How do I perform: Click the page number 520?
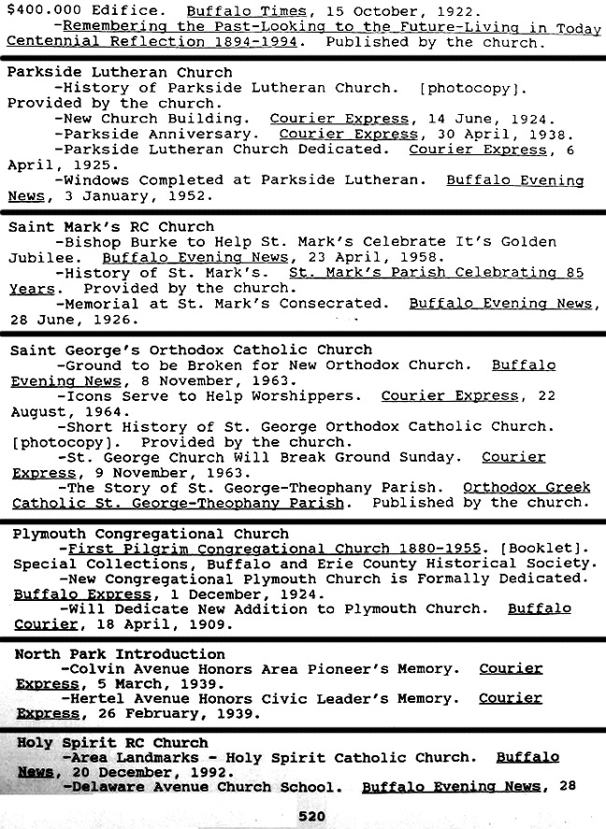pyautogui.click(x=311, y=816)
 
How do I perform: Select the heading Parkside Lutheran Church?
pyautogui.click(x=120, y=72)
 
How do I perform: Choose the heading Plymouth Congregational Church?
pyautogui.click(x=151, y=535)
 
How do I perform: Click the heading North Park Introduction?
pyautogui.click(x=120, y=654)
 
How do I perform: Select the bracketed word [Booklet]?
pyautogui.click(x=546, y=549)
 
